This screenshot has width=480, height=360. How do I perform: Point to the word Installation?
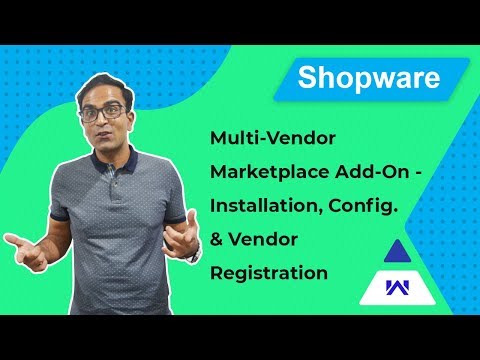(x=260, y=205)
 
